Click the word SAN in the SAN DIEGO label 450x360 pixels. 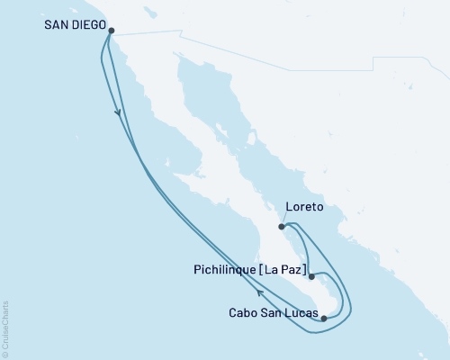click(58, 25)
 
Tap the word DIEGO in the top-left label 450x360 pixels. click(88, 25)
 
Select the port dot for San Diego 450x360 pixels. click(111, 30)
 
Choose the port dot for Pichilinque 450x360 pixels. click(311, 277)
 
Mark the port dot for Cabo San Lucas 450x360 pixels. click(324, 318)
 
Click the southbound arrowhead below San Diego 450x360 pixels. click(118, 112)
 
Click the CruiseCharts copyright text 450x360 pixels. click(5, 329)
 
